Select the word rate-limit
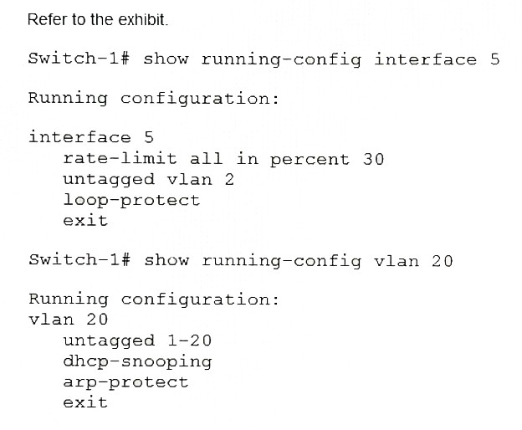[x=120, y=159]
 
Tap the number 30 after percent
[x=374, y=159]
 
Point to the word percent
[x=310, y=160]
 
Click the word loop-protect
[x=131, y=201]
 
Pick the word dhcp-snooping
[x=137, y=361]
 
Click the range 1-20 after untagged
[x=189, y=340]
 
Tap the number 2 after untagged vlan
[x=229, y=180]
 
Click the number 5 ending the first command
[x=494, y=59]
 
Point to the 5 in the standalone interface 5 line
[x=149, y=137]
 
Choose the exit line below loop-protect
[x=85, y=221]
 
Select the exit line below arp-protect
[x=85, y=402]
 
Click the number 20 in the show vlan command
[x=443, y=261]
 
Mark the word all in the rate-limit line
[x=206, y=158]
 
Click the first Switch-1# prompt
[x=79, y=59]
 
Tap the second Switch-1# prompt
[x=79, y=259]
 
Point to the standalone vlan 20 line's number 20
[x=97, y=320]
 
